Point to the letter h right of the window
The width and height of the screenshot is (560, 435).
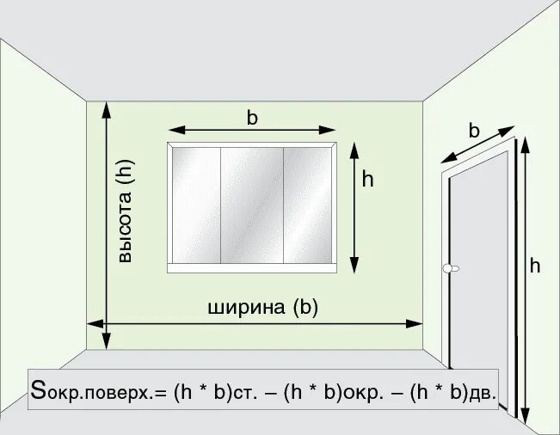click(x=368, y=180)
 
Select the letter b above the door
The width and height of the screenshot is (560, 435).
click(x=474, y=131)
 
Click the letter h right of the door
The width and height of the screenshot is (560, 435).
click(x=534, y=267)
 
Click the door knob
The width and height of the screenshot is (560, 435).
click(x=447, y=268)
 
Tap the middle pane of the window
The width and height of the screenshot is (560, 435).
click(x=252, y=205)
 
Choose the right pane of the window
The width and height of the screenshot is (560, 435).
click(x=308, y=205)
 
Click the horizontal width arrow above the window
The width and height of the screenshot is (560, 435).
click(x=252, y=130)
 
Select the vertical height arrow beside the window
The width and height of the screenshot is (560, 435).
click(x=354, y=206)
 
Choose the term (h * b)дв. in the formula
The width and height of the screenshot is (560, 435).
click(x=449, y=392)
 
